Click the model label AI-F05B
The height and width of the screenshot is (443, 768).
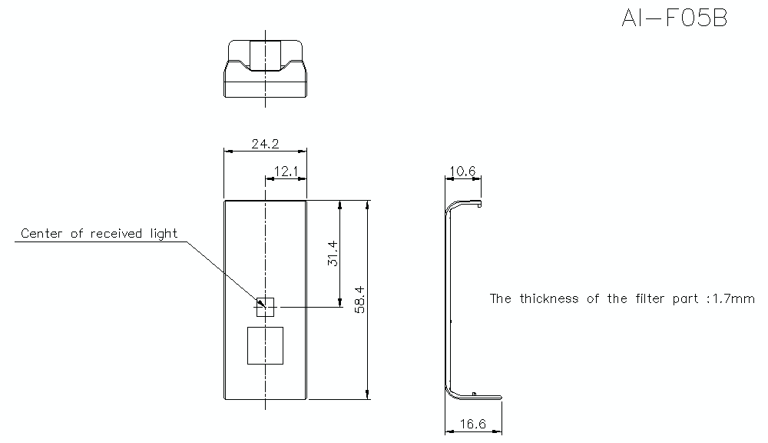point(674,18)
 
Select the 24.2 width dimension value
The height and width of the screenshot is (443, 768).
point(265,144)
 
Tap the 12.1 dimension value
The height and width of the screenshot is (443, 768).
point(286,172)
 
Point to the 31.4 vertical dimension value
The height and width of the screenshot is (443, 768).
point(333,253)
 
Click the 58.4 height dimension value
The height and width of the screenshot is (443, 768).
point(359,300)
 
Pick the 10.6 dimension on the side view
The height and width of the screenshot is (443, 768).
point(462,171)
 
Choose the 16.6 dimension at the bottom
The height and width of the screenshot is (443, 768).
point(472,423)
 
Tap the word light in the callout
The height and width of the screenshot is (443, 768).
point(164,234)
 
